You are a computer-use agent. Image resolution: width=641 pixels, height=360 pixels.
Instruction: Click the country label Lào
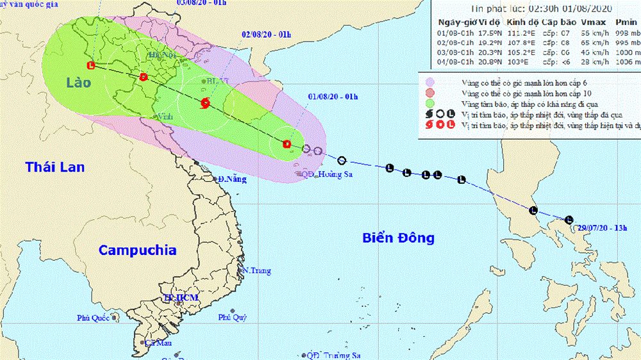tap(78, 83)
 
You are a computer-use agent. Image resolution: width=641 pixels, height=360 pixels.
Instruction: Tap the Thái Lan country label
tap(55, 168)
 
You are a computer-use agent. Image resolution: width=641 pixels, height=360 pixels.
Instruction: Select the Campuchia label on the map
tap(137, 250)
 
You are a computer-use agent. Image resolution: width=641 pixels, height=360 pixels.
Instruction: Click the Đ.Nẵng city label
tap(231, 179)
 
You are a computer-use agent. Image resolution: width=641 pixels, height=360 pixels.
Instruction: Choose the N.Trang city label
tap(256, 270)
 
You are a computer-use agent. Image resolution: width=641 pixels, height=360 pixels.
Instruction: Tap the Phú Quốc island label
tap(94, 317)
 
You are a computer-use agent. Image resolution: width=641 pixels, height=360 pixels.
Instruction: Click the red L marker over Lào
tap(91, 65)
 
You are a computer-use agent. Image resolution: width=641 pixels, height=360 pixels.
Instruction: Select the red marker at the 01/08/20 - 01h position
tap(287, 143)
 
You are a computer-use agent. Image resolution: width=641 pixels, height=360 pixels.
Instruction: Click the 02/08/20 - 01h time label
tap(264, 35)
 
